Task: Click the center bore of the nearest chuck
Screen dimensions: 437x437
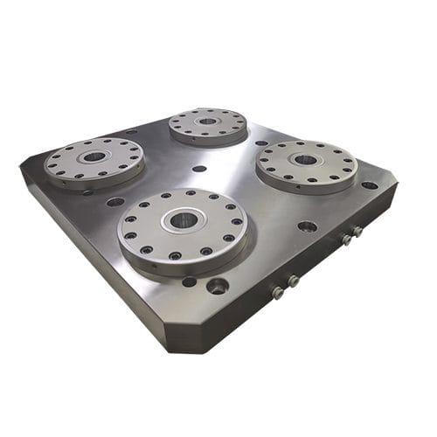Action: coord(184,220)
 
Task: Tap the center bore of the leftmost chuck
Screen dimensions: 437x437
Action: coord(94,157)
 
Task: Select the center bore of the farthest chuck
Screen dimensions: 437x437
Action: coord(207,121)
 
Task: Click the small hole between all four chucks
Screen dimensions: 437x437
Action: coord(199,168)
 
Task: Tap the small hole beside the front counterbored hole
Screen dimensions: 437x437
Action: coord(189,281)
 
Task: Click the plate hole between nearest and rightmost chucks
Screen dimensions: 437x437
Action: coord(307,225)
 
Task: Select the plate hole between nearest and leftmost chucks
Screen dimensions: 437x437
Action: coord(115,202)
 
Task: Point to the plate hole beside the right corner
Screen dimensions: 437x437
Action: coord(370,185)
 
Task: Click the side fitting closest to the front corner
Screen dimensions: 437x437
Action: coord(278,293)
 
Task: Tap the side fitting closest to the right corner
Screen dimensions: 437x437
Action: coord(357,232)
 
